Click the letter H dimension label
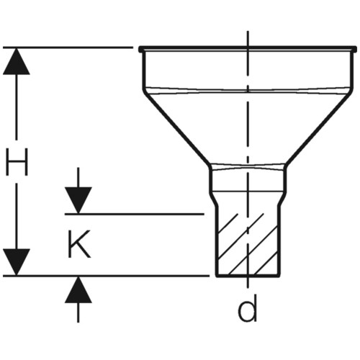17,162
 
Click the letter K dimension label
79,244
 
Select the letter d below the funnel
247,308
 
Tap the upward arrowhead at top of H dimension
17,61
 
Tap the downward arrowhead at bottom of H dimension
17,262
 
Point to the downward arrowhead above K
78,200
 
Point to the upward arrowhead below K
78,289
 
